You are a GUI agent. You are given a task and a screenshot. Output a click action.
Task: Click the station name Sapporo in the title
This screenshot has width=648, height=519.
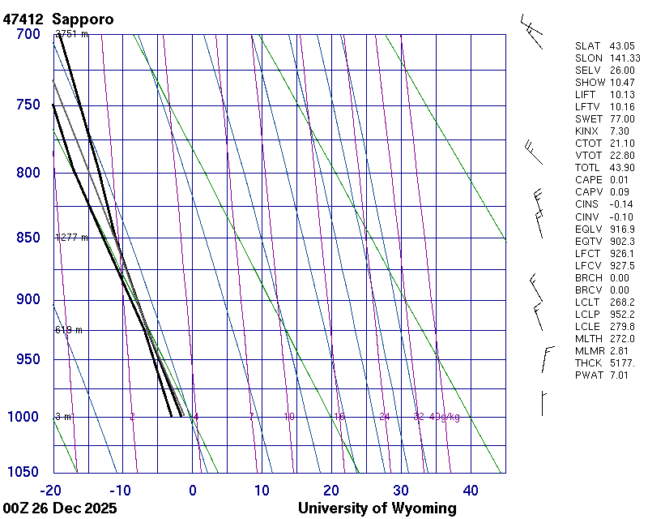(83, 19)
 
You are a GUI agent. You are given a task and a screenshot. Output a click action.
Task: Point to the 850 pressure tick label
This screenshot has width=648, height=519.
(28, 238)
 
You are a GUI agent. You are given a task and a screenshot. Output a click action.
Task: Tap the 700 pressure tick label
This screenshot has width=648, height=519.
(28, 34)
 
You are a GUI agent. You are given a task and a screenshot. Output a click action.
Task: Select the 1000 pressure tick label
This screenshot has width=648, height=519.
(24, 417)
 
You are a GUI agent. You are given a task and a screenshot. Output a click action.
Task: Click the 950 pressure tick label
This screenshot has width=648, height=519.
(28, 359)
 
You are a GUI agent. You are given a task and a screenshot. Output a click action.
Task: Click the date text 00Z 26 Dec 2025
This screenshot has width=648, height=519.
(60, 508)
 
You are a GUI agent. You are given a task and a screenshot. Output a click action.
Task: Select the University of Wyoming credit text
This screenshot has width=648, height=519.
(377, 508)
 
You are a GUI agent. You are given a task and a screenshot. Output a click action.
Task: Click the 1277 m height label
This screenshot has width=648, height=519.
(71, 238)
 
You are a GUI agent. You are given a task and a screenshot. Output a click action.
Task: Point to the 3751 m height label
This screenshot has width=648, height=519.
(71, 34)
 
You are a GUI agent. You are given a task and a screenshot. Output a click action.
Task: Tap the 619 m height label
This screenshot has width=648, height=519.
(69, 330)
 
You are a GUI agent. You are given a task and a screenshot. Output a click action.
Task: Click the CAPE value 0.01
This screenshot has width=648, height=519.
(620, 180)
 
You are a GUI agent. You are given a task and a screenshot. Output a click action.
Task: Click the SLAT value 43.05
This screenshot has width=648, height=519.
(622, 46)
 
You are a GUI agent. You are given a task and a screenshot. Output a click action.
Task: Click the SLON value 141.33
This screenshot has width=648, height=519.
(625, 58)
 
